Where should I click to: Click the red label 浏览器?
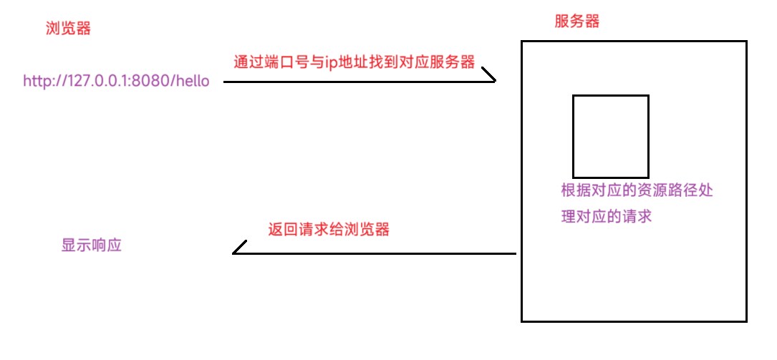click(68, 29)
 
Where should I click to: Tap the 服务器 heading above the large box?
click(576, 21)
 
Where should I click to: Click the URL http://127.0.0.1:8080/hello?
click(116, 81)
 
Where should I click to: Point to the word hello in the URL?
click(190, 81)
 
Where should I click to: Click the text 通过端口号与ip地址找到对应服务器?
click(354, 62)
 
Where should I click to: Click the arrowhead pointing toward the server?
click(490, 75)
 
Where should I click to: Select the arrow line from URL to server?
click(358, 82)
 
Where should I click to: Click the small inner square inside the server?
click(610, 136)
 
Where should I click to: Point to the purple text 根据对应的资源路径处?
click(637, 191)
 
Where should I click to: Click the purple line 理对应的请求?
click(606, 216)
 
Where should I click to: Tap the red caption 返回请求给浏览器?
click(329, 230)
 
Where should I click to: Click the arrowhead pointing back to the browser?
click(238, 248)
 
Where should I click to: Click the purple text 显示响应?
click(92, 245)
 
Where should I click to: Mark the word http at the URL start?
click(37, 81)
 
